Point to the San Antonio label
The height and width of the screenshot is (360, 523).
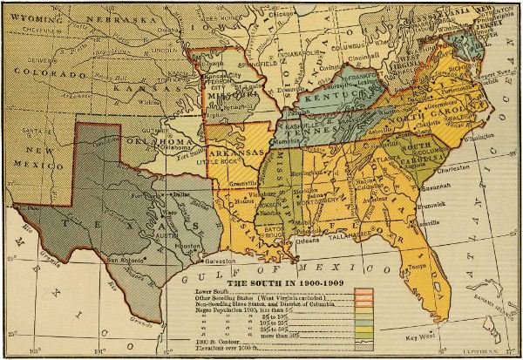pyautogui.click(x=126, y=259)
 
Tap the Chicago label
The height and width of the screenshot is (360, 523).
pyautogui.click(x=280, y=14)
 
